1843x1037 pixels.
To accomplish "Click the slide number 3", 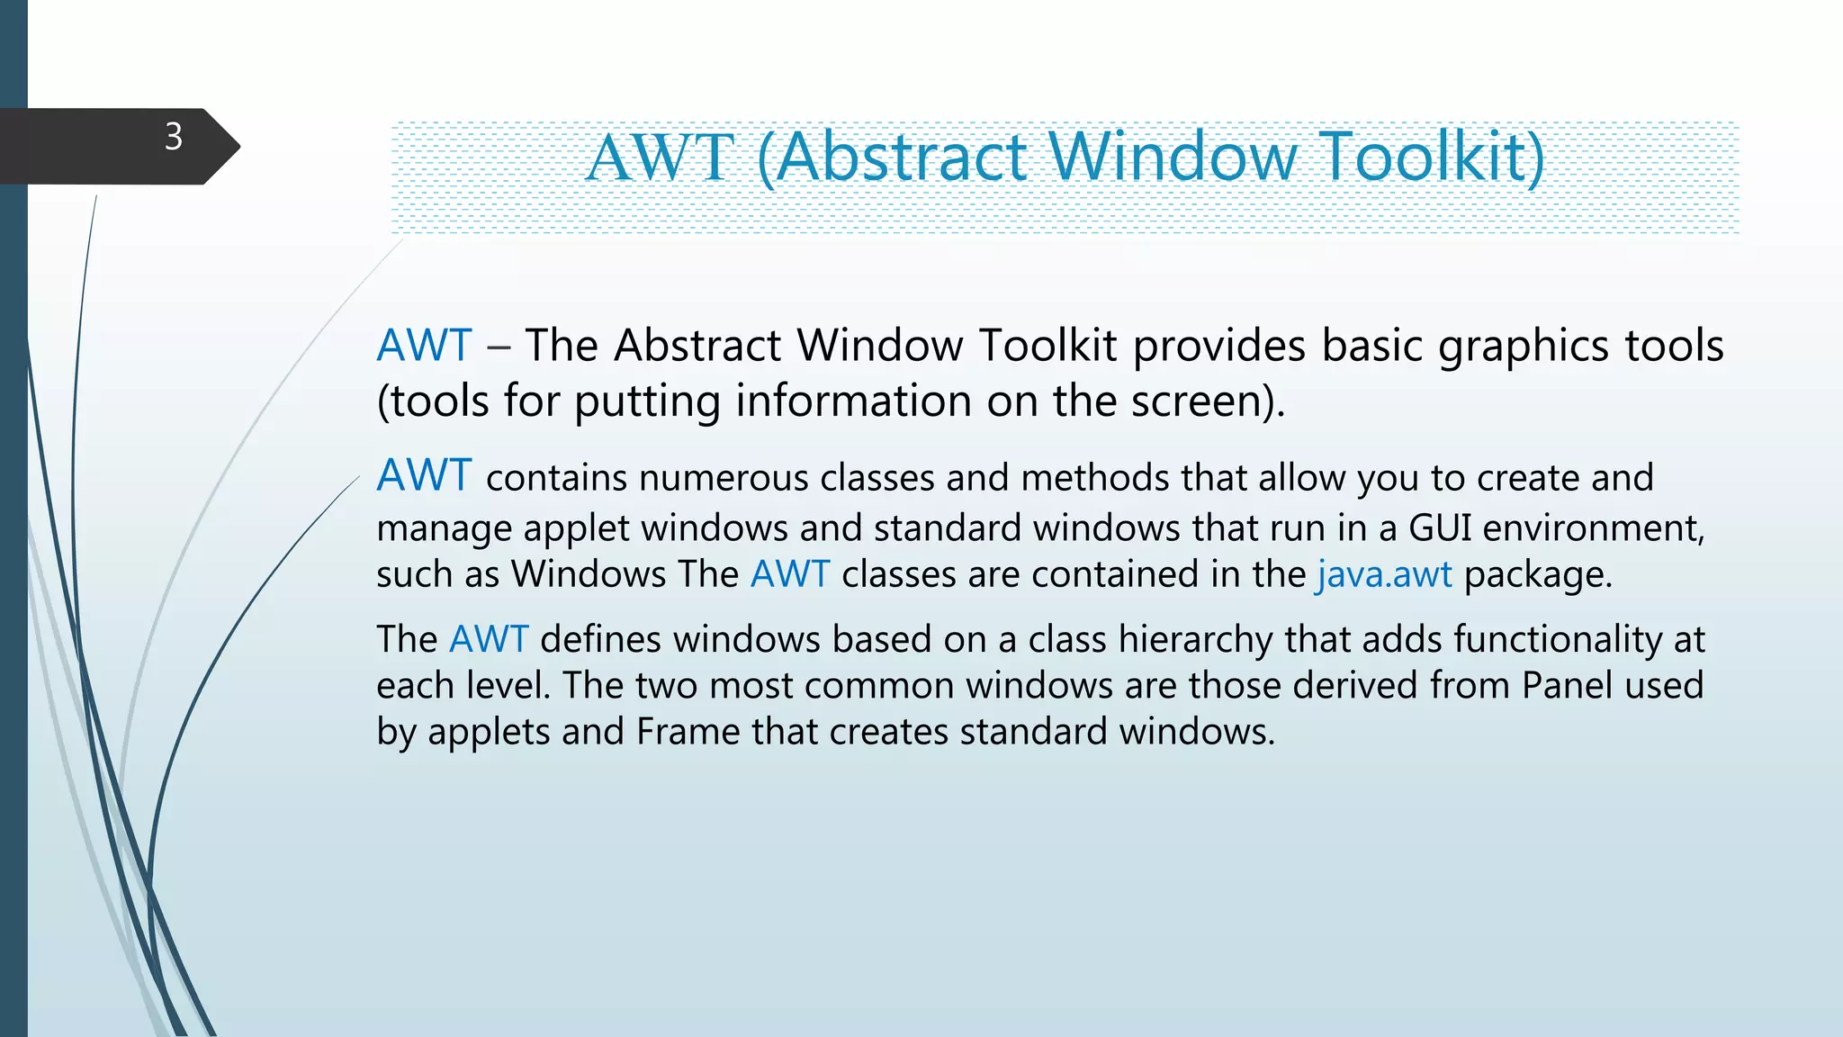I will tap(174, 137).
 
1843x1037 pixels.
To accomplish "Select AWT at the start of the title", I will tap(660, 158).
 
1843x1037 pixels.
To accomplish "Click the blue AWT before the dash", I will tap(424, 346).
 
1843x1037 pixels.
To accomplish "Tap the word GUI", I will tap(1440, 528).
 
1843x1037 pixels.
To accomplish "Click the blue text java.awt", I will tap(1384, 574).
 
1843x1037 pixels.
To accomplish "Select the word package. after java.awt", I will tap(1538, 575).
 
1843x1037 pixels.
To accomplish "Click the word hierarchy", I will tap(1195, 640).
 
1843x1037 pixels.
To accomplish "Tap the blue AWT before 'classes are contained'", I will tap(790, 574).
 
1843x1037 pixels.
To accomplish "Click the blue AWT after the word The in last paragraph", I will tap(489, 639).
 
